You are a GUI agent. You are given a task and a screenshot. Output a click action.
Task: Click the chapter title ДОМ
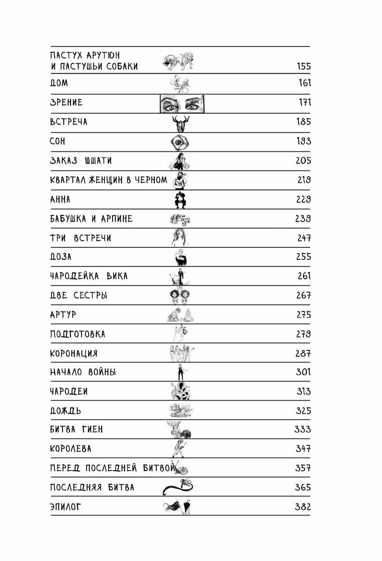59,84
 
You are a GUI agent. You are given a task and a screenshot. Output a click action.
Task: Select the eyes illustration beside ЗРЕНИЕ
182,104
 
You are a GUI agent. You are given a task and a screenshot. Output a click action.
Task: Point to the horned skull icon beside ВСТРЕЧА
181,123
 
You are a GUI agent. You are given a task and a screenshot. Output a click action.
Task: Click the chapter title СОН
57,141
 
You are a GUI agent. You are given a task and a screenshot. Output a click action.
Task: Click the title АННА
60,199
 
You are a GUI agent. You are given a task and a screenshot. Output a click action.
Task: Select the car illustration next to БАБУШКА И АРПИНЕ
180,219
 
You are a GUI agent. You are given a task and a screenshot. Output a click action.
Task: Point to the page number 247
304,238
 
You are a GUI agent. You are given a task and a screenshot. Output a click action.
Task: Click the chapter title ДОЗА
61,257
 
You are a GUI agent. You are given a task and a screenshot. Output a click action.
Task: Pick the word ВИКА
117,276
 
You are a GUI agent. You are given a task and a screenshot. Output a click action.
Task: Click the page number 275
304,315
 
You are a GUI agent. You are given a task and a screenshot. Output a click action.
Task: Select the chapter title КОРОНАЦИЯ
74,354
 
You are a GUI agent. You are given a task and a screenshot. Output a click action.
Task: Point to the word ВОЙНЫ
102,373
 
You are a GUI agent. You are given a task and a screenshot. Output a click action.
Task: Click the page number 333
302,429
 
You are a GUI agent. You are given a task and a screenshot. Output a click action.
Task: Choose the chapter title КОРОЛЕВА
71,449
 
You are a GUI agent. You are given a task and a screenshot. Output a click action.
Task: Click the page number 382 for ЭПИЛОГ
302,507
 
